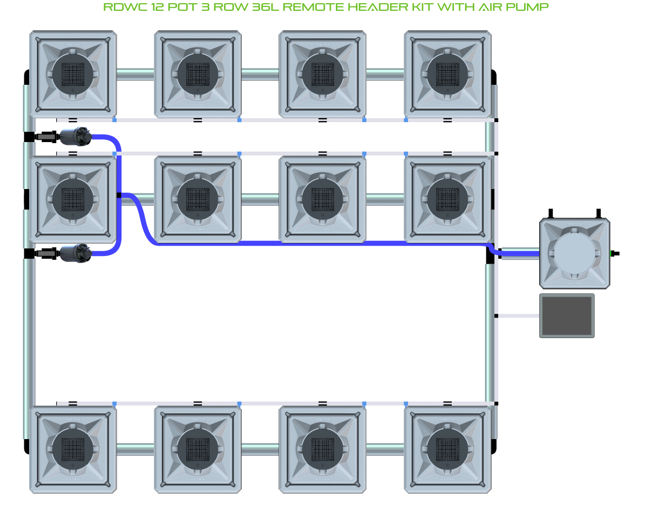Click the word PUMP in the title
[x=532, y=8]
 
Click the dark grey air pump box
[x=567, y=316]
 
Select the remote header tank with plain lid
[x=575, y=253]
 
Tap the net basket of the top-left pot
[x=73, y=73]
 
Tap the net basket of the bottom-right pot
[x=447, y=449]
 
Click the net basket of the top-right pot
[x=447, y=73]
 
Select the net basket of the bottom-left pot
[x=73, y=449]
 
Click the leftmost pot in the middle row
[x=73, y=199]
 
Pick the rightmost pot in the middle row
[x=447, y=199]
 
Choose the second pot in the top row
[x=198, y=73]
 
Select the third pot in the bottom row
[x=323, y=449]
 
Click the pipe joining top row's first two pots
[x=135, y=73]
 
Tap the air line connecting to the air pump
[x=518, y=316]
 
